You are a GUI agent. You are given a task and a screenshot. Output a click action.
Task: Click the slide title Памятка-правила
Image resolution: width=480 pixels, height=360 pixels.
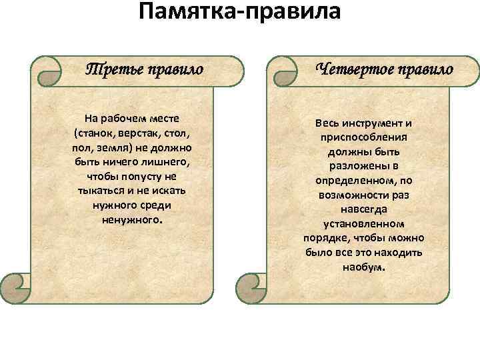tap(239, 13)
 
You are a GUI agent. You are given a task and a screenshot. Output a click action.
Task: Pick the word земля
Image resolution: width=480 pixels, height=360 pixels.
tap(115, 147)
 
